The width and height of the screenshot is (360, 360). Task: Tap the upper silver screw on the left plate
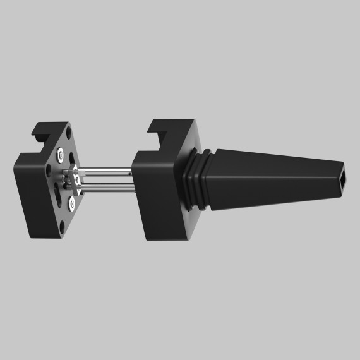[60, 153]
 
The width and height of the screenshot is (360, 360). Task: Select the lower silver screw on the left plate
[71, 203]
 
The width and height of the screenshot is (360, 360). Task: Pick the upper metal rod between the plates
[107, 171]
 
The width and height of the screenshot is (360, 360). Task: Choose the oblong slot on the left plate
[59, 193]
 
